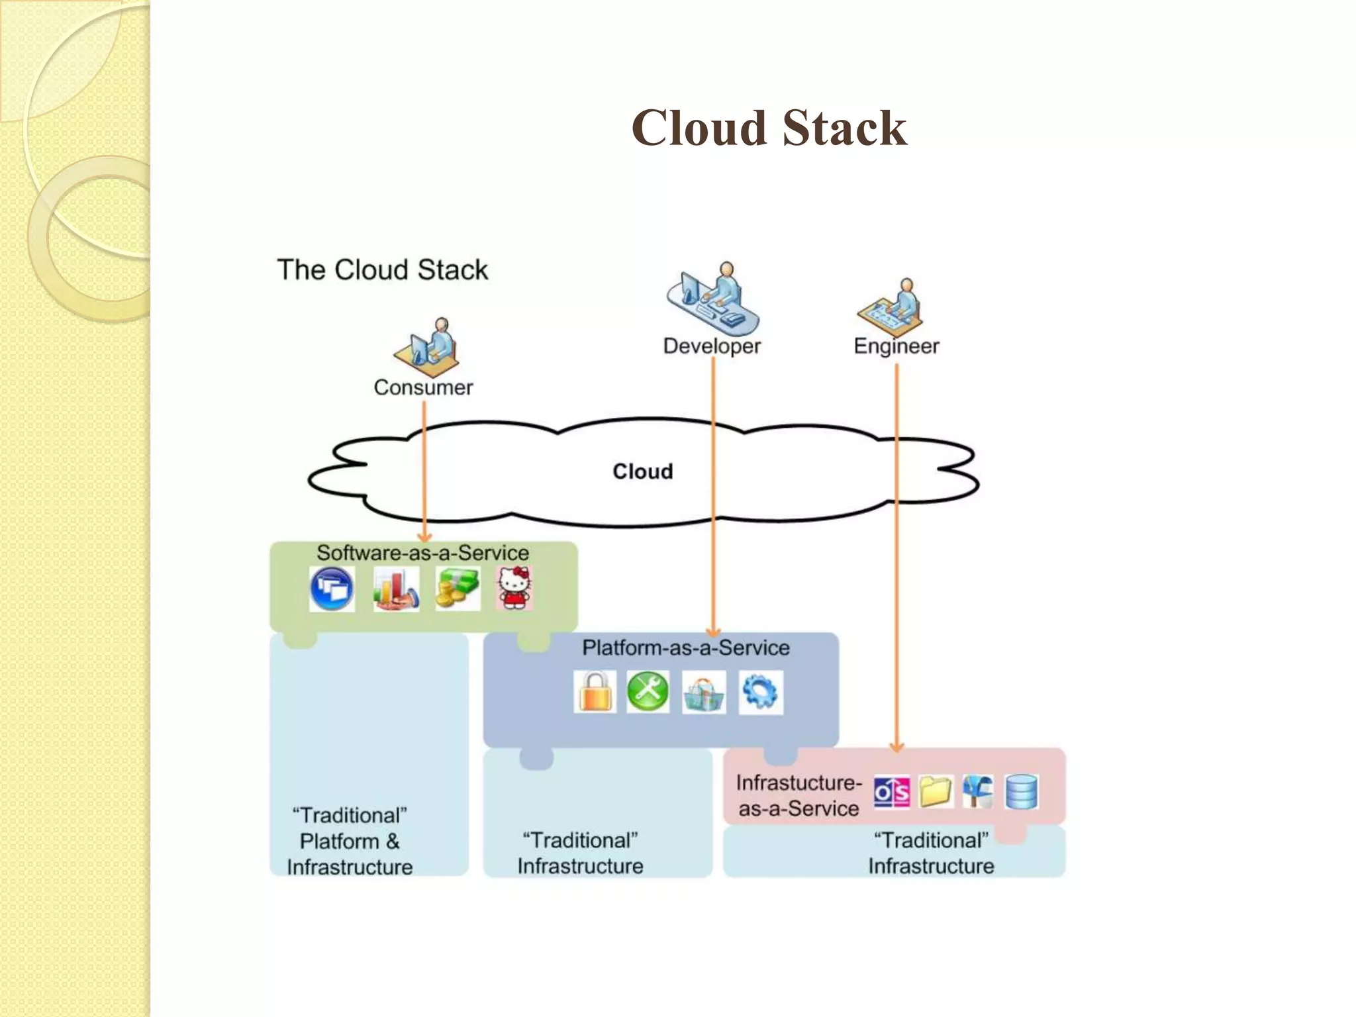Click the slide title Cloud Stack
(x=769, y=128)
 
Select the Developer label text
(x=712, y=346)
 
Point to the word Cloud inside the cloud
(x=642, y=471)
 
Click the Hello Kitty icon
(x=514, y=588)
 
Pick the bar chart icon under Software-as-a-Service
(x=395, y=589)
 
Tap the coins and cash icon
(x=457, y=589)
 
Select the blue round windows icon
(x=332, y=589)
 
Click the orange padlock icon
(x=595, y=692)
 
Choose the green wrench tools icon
(x=648, y=692)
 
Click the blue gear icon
(x=760, y=693)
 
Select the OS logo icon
(x=891, y=792)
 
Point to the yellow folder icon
(x=936, y=791)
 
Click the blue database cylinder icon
(x=1021, y=792)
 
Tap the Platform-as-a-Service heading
(x=685, y=648)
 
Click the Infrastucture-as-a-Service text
(x=799, y=795)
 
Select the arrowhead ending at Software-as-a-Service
(x=424, y=538)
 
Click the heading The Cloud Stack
(x=382, y=270)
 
